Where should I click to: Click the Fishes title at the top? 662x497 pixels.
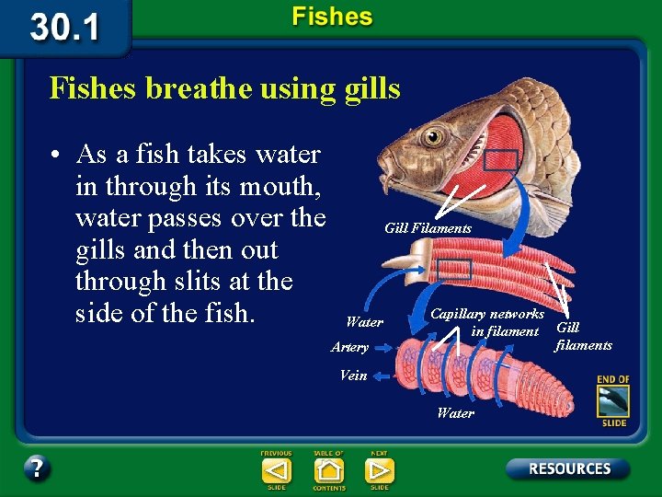[332, 17]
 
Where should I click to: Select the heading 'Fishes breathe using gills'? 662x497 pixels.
[224, 88]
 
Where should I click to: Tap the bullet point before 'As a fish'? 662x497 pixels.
[58, 154]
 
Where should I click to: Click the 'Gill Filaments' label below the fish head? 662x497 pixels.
[428, 228]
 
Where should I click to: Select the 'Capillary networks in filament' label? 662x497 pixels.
[487, 322]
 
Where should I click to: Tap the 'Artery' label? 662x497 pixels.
[349, 347]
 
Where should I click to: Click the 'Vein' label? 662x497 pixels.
[353, 375]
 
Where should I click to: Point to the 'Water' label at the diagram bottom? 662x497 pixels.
[455, 413]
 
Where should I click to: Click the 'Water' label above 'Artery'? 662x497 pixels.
[364, 322]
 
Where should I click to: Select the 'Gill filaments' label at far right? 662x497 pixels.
[583, 336]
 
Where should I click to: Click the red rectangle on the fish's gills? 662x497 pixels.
[500, 159]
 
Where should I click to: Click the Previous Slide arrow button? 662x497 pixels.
[276, 470]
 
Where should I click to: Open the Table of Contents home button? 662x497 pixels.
[328, 470]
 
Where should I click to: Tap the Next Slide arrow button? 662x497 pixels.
[379, 470]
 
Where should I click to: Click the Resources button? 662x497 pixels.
[568, 468]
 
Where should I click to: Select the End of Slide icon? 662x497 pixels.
[611, 400]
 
